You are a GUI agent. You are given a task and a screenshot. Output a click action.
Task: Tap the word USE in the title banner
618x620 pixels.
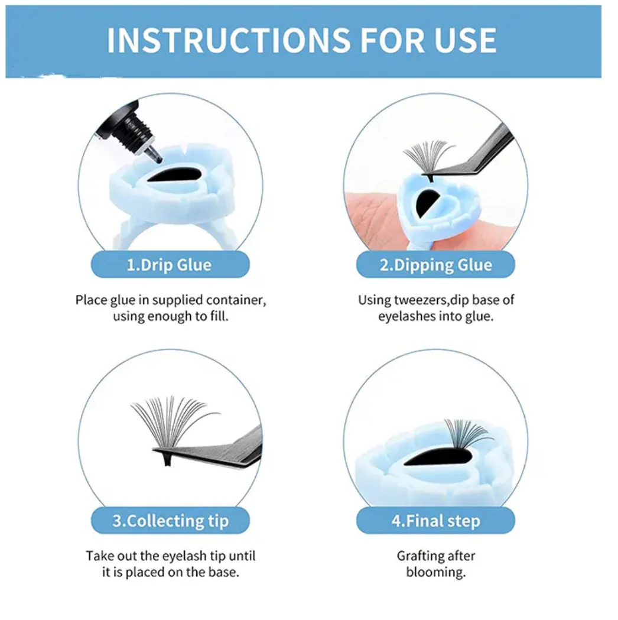click(465, 40)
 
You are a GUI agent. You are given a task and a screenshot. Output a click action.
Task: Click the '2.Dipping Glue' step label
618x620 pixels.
click(435, 265)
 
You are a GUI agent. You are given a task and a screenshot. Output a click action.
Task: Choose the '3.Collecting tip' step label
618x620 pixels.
click(170, 521)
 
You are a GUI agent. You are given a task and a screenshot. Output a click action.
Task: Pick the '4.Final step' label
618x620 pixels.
click(435, 521)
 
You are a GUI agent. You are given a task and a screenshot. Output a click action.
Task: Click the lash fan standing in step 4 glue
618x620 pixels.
click(466, 435)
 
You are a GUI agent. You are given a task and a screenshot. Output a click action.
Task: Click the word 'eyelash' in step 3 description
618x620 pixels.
click(184, 556)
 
